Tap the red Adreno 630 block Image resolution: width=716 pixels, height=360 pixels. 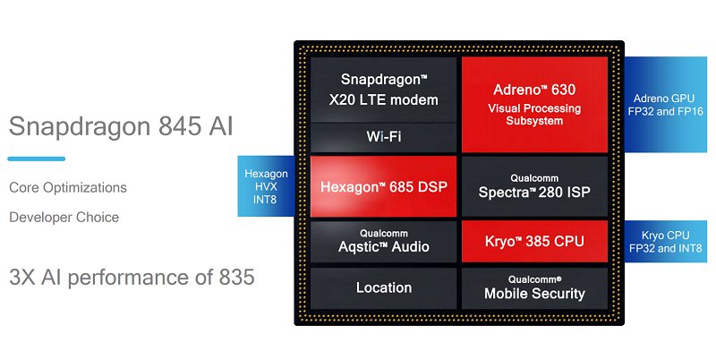(534, 104)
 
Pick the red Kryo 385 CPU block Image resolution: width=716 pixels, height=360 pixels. (534, 240)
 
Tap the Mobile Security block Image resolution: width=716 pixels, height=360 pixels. (534, 287)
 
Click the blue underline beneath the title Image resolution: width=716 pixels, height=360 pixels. (36, 159)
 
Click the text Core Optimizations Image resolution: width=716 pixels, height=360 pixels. (68, 188)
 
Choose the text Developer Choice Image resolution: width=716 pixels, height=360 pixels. (64, 217)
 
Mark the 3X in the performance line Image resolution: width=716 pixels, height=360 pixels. (24, 277)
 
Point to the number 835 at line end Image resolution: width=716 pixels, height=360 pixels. (236, 277)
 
